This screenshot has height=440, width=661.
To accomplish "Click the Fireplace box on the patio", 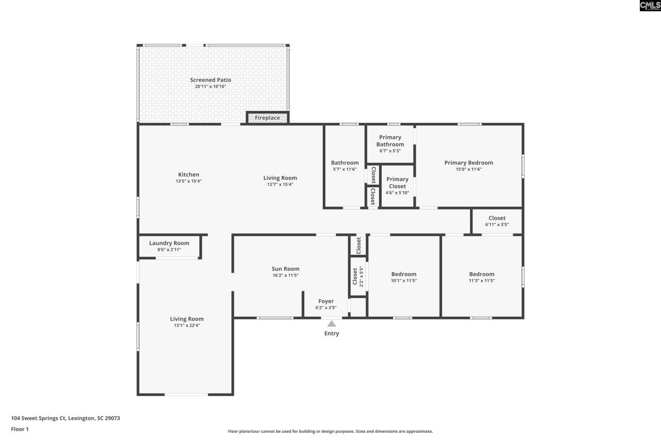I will point(267,118).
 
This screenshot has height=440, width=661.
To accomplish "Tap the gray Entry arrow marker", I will point(332,324).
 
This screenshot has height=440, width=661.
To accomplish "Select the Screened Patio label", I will point(210,80).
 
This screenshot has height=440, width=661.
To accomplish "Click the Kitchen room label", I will point(188,174).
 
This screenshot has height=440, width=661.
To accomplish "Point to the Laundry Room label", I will point(169,243).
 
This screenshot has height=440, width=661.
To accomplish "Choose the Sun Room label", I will point(286,269).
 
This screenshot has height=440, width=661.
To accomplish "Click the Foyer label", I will point(326,301).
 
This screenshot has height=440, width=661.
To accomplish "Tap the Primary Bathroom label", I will point(390,141).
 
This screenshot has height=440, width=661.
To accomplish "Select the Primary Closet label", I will point(397,183).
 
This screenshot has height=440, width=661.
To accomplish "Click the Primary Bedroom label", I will point(468,162).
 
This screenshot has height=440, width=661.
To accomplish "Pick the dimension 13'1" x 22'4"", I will point(187,325).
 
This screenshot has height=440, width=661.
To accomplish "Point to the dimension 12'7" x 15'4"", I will point(280,184).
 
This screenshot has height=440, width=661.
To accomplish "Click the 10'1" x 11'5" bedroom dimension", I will point(403,281).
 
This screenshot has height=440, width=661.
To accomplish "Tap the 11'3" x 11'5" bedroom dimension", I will point(481,281).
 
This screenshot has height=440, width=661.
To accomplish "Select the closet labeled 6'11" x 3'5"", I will point(497,221).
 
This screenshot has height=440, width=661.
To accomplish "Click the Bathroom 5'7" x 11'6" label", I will point(344,166).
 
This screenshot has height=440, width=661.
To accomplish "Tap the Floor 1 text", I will point(20,429).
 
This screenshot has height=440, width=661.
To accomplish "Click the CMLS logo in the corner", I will point(650,6).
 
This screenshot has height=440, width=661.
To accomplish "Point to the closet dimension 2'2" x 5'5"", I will point(361,276).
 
